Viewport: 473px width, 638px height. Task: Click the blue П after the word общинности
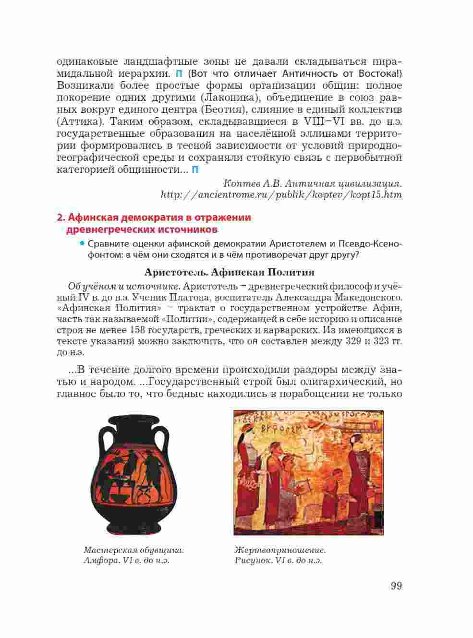(195, 170)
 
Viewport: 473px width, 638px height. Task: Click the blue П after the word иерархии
(179, 74)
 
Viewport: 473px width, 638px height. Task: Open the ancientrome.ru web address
(281, 195)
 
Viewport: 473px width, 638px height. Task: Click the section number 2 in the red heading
(60, 218)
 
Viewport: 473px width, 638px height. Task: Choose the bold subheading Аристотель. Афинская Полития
(230, 273)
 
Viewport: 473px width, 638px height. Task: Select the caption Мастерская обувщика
(134, 550)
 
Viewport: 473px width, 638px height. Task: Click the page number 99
(396, 586)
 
